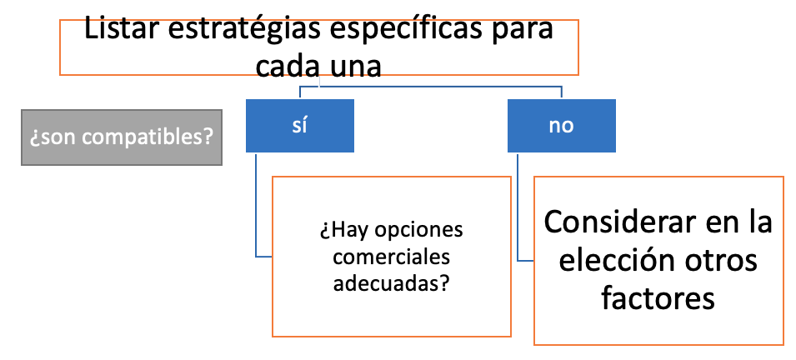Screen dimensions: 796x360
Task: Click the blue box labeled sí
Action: click(x=299, y=125)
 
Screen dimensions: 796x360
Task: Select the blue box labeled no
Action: click(x=562, y=125)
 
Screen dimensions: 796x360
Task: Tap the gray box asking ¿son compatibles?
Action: click(x=122, y=137)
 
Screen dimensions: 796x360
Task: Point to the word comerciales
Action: click(x=392, y=257)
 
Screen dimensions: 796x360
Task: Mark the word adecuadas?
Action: click(x=392, y=284)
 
